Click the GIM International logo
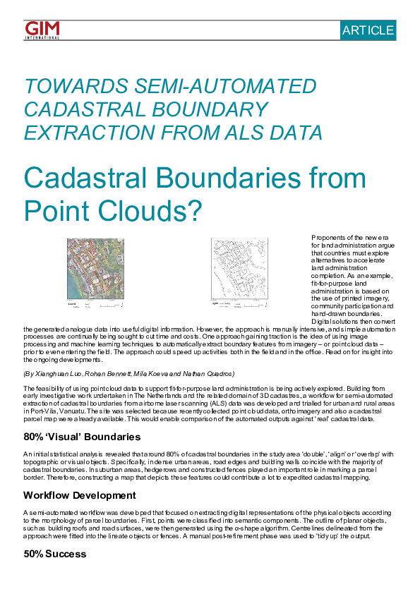(x=42, y=30)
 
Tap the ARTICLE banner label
(x=368, y=30)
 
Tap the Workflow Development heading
(x=79, y=495)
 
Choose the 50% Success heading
(x=54, y=554)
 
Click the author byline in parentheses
(x=128, y=373)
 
